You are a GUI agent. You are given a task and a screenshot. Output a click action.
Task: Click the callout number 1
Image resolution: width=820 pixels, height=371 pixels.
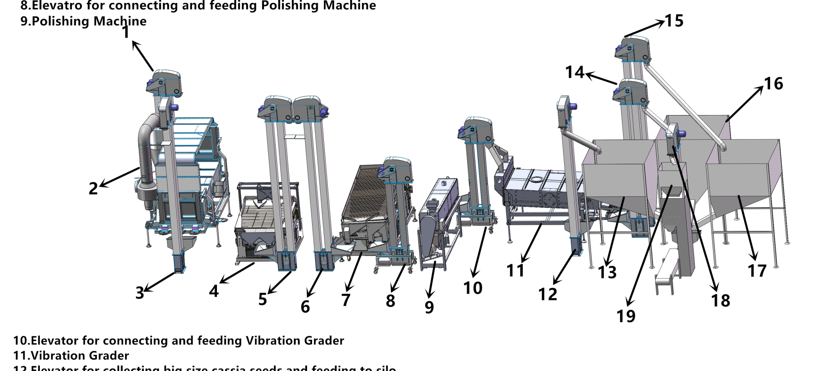point(126,32)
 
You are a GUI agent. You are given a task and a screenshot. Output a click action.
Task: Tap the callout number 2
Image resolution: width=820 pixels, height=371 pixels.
point(93,188)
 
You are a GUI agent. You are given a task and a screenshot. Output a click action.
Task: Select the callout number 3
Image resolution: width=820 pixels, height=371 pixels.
point(140,293)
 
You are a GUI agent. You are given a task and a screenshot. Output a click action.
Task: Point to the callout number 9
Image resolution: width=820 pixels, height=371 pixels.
point(429,307)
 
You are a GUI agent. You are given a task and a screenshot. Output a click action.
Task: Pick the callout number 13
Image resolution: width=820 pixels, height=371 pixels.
point(607,272)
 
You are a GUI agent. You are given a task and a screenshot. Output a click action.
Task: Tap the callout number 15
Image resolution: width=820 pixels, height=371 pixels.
point(674,21)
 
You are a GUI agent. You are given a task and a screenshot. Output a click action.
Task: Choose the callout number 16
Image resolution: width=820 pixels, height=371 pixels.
point(773,84)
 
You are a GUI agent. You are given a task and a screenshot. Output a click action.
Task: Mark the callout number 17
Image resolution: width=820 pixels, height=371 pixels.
point(757,271)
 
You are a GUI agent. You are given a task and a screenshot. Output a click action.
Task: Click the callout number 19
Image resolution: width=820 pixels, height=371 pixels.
point(626,316)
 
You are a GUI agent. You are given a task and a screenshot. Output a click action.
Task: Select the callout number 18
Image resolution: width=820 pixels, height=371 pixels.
point(721,301)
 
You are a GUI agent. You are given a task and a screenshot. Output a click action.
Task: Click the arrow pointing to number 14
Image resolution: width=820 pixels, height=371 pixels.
point(601,78)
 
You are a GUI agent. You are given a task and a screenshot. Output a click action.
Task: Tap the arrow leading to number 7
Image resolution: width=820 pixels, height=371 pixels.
point(354,271)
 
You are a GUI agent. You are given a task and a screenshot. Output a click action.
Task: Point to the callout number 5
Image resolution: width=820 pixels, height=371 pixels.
point(263,299)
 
